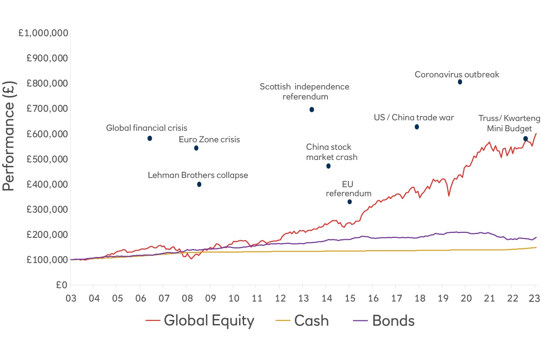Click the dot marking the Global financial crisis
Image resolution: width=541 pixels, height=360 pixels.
(150, 138)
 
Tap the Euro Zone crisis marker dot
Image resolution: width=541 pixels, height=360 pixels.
(196, 148)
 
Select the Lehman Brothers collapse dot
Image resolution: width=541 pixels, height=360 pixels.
(199, 185)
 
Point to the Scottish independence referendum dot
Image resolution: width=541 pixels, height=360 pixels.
(311, 109)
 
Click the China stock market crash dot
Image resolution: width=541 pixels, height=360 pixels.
(328, 166)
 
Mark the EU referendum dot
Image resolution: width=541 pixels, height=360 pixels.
(349, 202)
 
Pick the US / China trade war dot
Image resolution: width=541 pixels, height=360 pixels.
(417, 127)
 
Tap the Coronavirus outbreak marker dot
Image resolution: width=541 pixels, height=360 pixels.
(460, 82)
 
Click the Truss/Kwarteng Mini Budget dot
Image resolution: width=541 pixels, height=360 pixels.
(526, 139)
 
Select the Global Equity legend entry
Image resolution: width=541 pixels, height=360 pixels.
(200, 320)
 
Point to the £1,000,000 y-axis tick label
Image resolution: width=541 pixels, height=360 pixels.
(44, 33)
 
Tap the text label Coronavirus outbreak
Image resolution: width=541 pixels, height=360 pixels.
(457, 74)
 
